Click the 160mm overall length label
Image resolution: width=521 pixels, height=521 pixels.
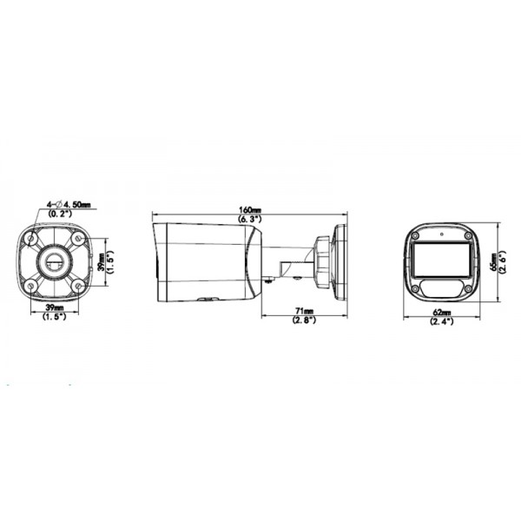coord(250,209)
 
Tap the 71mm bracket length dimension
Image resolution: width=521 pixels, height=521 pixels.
coord(303,311)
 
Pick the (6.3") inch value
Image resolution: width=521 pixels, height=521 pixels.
coord(250,220)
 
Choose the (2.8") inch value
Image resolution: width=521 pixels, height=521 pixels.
coord(303,320)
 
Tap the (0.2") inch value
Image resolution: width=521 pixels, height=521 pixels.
coord(60,213)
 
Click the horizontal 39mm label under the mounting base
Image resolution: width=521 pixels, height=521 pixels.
coord(54,308)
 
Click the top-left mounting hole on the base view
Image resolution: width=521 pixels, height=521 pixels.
coord(32,237)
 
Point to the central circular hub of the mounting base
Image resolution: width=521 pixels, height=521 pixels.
coord(54,260)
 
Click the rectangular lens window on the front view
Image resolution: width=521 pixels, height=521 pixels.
coord(443,259)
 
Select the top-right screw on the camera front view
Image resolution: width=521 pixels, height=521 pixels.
coord(469,237)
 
